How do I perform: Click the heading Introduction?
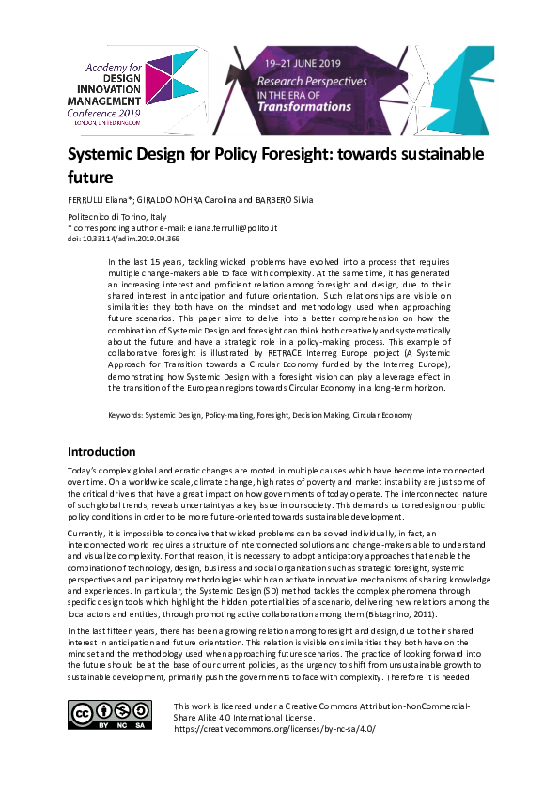click(x=101, y=452)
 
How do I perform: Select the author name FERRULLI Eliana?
click(x=99, y=201)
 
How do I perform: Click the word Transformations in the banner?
click(x=304, y=106)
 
